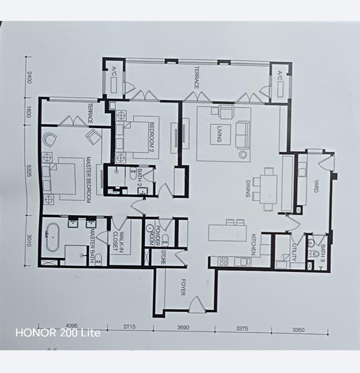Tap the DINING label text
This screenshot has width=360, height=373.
(247, 187)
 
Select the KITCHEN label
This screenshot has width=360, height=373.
(254, 242)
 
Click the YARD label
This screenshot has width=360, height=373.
(315, 185)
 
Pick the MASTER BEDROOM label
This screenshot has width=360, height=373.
(90, 180)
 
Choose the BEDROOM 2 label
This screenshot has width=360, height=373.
(151, 136)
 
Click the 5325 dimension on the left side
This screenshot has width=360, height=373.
(29, 170)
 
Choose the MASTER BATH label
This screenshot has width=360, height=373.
(91, 242)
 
